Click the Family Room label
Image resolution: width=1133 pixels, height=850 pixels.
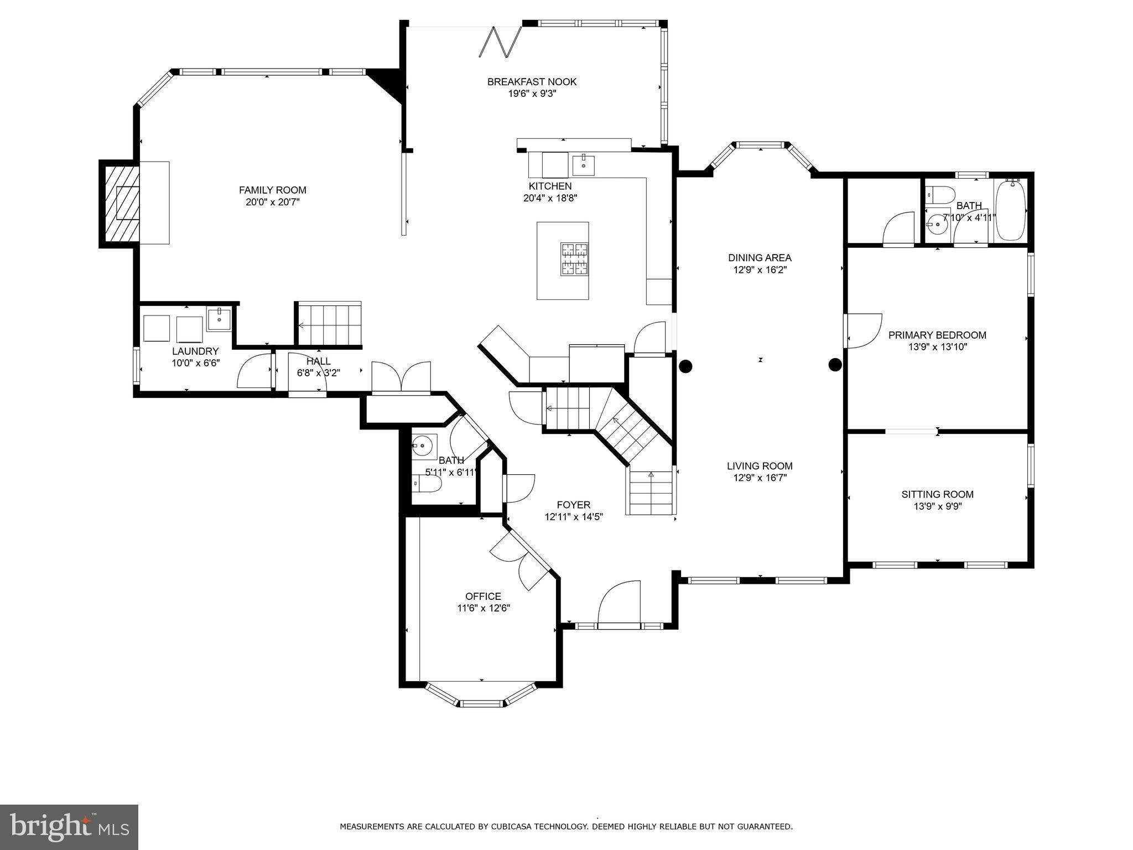(x=272, y=190)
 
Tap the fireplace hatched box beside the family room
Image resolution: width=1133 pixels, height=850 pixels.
(x=119, y=203)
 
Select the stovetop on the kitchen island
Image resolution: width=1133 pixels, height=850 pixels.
(x=574, y=259)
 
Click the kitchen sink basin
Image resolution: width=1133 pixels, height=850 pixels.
(x=583, y=164)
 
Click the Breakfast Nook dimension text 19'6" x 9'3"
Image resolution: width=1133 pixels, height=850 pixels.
(x=532, y=94)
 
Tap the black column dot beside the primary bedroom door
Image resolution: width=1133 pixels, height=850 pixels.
(x=835, y=365)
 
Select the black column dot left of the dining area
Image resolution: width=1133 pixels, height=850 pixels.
(x=685, y=366)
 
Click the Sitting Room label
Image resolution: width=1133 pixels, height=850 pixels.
(x=937, y=494)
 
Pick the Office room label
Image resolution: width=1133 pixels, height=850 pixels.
(x=483, y=596)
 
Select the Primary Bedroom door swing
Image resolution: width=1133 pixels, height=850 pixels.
(x=864, y=331)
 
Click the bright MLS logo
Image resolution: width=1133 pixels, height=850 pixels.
(x=69, y=827)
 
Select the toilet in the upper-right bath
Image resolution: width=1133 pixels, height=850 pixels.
(x=940, y=194)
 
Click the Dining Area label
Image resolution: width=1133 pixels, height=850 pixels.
(x=760, y=257)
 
